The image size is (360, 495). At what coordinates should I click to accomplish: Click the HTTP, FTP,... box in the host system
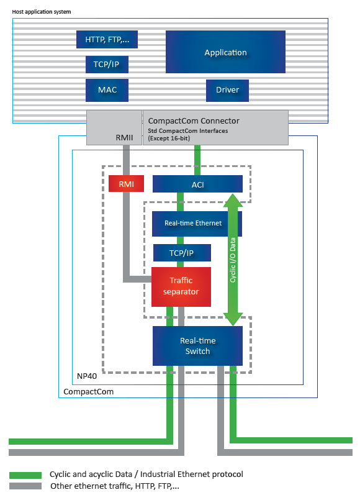107,40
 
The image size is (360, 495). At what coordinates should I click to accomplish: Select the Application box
225,52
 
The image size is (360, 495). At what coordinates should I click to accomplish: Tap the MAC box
107,90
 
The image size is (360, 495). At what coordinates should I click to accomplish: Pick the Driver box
228,91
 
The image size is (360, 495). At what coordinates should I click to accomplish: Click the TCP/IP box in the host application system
107,65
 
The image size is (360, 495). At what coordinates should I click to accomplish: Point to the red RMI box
126,184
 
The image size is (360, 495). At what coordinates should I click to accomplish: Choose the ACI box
197,184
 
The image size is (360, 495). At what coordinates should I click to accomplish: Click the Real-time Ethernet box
197,224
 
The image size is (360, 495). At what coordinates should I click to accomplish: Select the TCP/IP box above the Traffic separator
182,253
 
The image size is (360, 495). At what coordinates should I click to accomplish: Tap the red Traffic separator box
181,287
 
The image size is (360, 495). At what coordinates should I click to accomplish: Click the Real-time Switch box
197,346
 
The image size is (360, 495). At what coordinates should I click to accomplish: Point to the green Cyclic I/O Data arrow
233,260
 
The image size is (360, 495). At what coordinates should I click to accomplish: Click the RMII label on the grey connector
124,138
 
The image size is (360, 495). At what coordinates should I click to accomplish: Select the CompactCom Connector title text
194,121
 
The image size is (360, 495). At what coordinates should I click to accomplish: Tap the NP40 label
87,376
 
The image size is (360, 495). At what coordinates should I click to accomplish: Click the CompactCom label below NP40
88,392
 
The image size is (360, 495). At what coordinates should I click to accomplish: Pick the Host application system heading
42,12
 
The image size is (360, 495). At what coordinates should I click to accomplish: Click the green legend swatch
25,475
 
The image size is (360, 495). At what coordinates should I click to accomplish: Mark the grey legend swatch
25,486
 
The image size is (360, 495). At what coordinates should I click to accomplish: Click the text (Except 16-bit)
169,139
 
